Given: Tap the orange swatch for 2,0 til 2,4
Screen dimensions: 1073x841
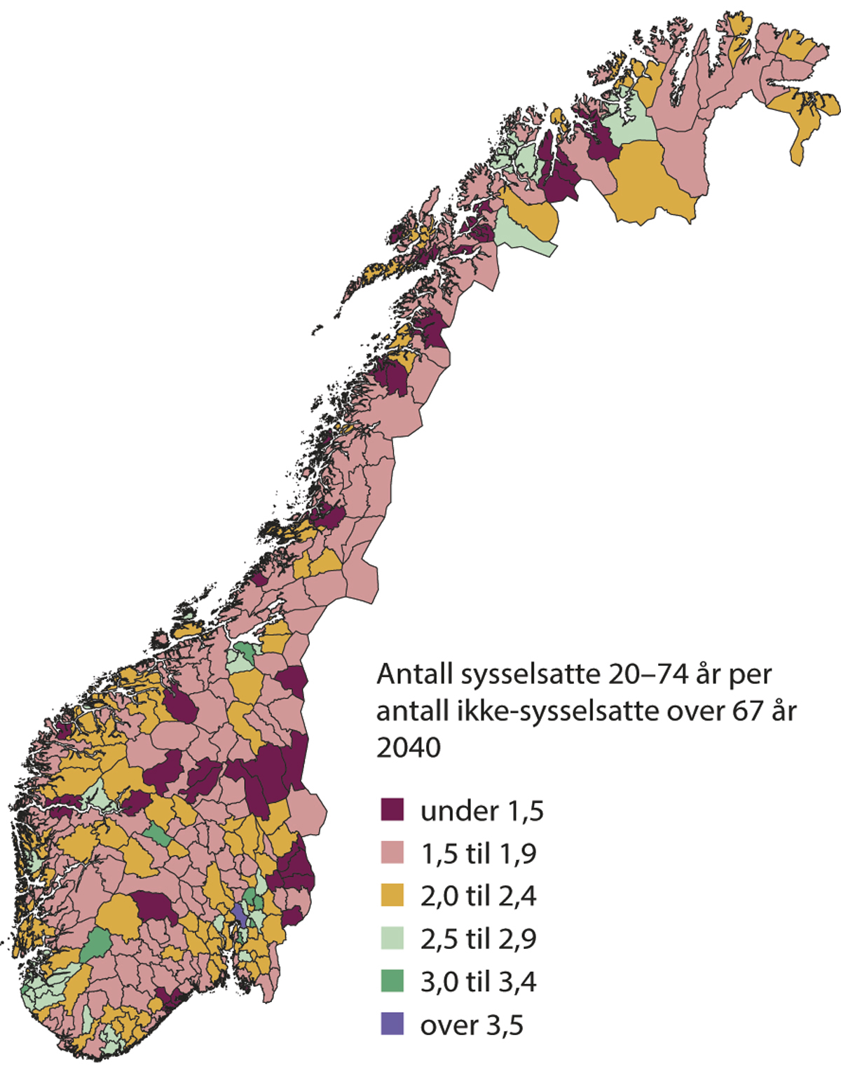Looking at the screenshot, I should pyautogui.click(x=392, y=895).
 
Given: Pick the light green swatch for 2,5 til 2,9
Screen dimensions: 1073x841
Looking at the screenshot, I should pyautogui.click(x=392, y=938).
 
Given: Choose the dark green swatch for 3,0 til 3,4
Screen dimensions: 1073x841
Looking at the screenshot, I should pyautogui.click(x=392, y=980).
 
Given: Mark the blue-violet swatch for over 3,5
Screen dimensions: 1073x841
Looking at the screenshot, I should pyautogui.click(x=392, y=1024).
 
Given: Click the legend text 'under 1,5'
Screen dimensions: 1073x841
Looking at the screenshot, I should pyautogui.click(x=481, y=811).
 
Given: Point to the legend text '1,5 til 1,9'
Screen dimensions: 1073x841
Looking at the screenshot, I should pyautogui.click(x=478, y=854).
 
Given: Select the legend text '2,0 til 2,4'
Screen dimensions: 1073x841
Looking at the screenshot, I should pyautogui.click(x=478, y=896).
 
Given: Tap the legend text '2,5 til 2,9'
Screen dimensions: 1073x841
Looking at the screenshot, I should pyautogui.click(x=478, y=939).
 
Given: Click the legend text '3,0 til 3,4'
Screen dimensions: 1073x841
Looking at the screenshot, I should pyautogui.click(x=478, y=982).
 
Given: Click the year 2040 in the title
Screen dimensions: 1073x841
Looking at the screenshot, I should pyautogui.click(x=409, y=748).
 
